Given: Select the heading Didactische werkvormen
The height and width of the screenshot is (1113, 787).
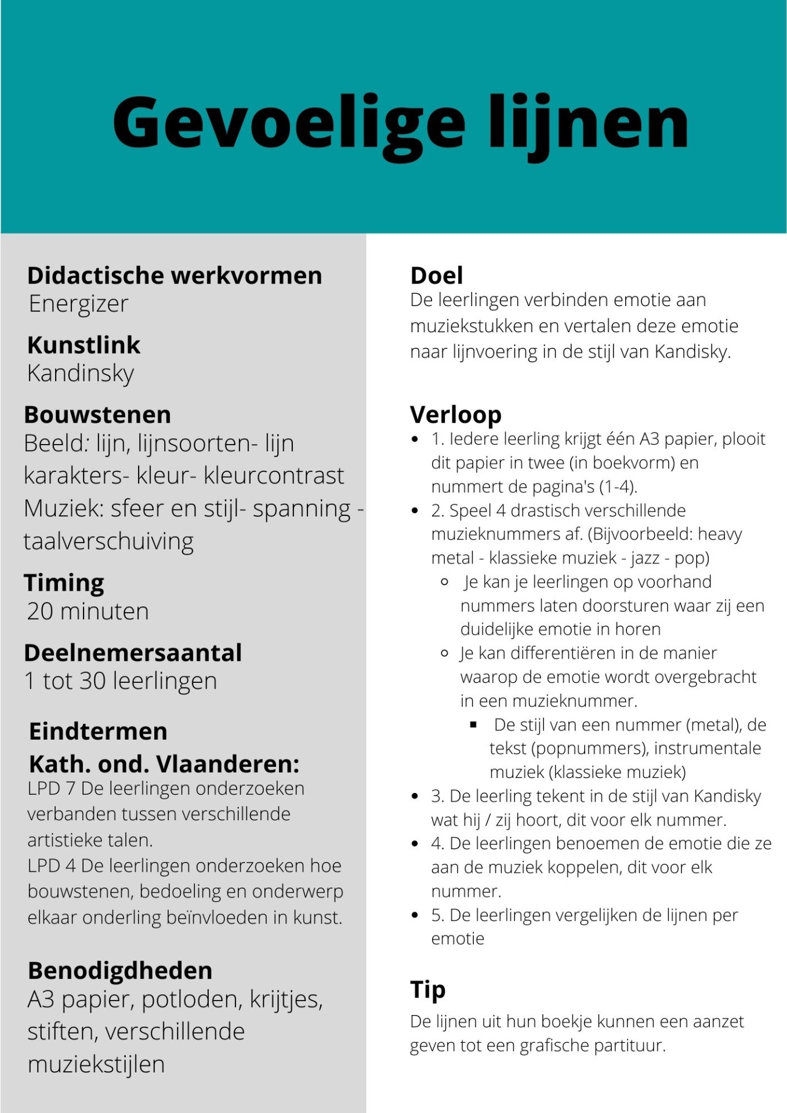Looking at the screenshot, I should tap(175, 275).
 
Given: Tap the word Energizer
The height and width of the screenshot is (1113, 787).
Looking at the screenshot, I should tap(78, 304).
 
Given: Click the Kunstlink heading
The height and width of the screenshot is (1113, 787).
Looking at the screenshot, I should tap(84, 345).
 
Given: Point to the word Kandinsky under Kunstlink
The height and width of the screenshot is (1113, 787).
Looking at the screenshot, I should tap(81, 373).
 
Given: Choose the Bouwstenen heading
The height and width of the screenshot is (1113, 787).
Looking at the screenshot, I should tap(97, 415).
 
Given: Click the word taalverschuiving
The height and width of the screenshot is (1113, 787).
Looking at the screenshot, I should tap(108, 541).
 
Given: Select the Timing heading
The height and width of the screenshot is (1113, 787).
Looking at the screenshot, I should tap(64, 583).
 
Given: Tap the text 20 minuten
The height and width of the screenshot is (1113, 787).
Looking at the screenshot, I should tap(88, 612).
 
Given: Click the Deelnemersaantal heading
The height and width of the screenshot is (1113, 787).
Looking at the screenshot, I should tap(133, 653).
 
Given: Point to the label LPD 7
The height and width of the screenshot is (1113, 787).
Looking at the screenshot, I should tap(52, 788).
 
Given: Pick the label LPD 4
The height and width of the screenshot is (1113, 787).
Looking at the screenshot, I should tap(52, 865).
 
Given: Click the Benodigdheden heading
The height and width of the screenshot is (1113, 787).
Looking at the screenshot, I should tap(120, 970).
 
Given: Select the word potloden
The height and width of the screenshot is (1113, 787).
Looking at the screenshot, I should tap(191, 999).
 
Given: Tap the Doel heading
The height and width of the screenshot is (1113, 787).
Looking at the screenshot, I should tap(437, 275).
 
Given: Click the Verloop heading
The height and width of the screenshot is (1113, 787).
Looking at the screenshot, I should tap(456, 415).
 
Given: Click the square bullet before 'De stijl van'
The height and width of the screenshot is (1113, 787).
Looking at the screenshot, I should tap(474, 725).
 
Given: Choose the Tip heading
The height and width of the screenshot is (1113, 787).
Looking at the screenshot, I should tap(427, 990).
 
